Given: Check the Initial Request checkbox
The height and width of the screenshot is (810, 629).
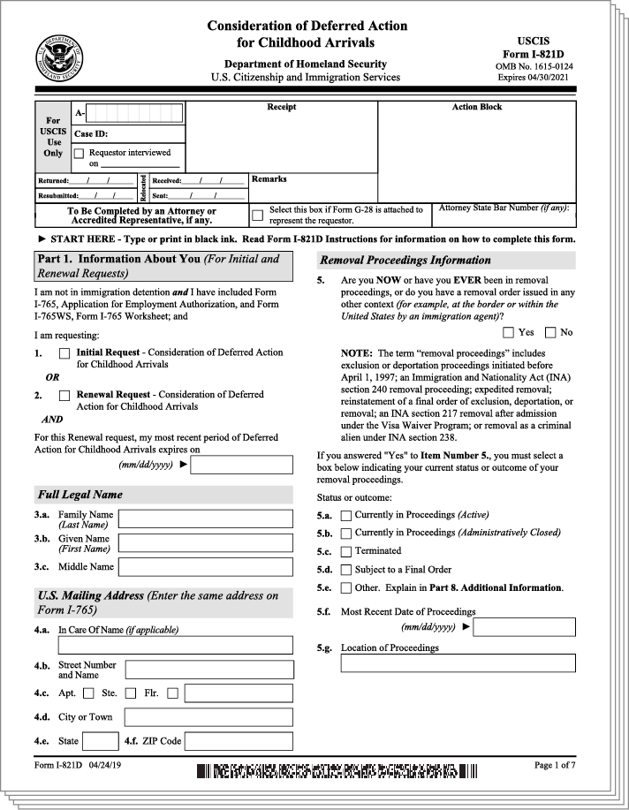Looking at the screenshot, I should click(64, 353).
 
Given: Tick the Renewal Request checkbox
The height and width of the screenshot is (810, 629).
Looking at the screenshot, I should click(64, 396).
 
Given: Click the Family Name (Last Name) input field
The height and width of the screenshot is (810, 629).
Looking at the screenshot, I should click(206, 519).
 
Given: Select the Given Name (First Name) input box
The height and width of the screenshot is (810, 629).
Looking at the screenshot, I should click(206, 542).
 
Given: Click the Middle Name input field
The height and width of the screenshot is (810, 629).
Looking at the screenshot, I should click(206, 566).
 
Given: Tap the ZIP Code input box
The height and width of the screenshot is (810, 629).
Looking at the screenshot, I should click(239, 741).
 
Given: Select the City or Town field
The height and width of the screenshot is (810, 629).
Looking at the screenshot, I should click(208, 717).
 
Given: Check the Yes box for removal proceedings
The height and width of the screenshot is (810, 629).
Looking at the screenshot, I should click(508, 333).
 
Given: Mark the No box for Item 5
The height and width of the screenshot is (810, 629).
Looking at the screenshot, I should click(550, 333).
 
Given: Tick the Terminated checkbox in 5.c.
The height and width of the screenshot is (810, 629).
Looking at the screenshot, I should click(346, 551).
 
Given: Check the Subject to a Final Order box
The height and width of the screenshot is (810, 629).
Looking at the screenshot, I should click(346, 570).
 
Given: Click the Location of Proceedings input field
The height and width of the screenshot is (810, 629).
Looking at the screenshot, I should click(458, 662).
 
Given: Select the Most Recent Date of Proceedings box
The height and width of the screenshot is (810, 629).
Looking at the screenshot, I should click(527, 627).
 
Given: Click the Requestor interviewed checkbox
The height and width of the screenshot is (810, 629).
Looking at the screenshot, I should click(79, 153).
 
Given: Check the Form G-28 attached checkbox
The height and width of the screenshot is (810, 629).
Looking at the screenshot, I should click(257, 215).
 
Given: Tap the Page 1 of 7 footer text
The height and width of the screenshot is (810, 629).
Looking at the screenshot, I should click(555, 765).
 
